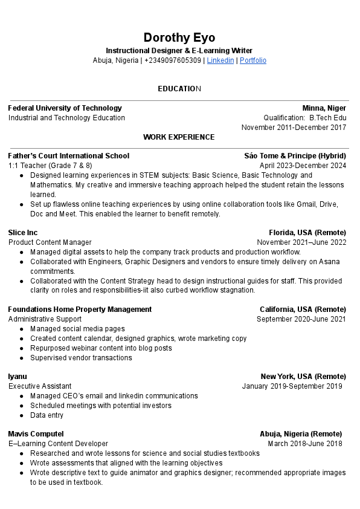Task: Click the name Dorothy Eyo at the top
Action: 179,37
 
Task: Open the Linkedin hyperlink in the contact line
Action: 220,60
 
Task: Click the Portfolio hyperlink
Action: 253,60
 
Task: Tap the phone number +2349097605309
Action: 173,60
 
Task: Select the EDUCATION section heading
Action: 179,89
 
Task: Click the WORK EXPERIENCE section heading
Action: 179,137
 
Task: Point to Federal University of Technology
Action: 65,108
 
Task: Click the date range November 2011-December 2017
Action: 294,128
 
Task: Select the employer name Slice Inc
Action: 23,233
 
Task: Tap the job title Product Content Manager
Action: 50,242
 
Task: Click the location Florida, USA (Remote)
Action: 307,233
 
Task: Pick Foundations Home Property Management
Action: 80,310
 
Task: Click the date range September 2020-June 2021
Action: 301,319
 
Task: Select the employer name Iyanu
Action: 18,377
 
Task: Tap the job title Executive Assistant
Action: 40,386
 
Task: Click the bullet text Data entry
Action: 47,415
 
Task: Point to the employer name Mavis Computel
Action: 36,434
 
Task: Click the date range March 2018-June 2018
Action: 304,444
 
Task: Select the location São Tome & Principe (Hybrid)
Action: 295,156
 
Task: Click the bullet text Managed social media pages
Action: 77,329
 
